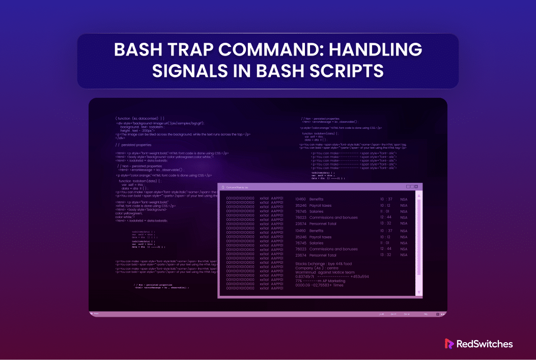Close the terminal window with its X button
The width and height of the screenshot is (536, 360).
coord(416,187)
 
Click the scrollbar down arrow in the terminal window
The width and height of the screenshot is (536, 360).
coord(418,292)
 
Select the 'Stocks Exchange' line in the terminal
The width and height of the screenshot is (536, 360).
coord(323,264)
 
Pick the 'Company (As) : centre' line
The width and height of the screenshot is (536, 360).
coord(317,268)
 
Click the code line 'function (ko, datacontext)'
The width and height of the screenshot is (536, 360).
coord(139,118)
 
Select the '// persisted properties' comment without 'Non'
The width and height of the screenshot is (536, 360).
coord(133,145)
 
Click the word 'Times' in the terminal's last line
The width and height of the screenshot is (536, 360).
coord(336,285)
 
